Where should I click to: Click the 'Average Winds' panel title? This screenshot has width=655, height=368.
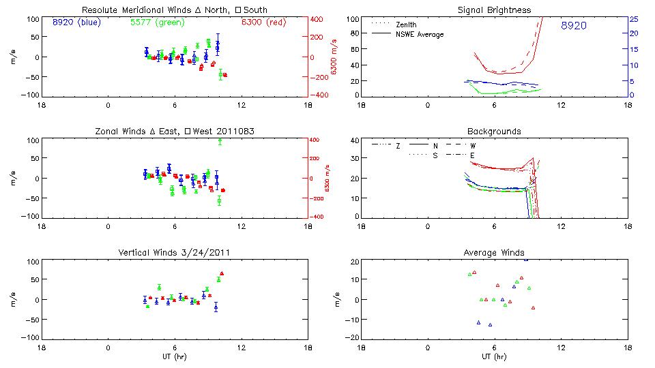(495, 254)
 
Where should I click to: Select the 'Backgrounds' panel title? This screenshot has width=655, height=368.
(495, 132)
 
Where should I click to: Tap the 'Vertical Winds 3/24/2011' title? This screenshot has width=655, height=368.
(175, 254)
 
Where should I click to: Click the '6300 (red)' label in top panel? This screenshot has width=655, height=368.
(263, 22)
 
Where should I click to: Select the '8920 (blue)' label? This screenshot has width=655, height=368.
(75, 22)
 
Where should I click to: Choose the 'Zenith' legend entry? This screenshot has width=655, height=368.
(406, 25)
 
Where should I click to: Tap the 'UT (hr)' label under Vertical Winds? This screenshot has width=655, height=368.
(175, 357)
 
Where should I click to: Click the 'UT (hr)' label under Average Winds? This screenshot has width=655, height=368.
(495, 357)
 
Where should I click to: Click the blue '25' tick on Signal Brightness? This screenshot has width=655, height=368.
(633, 19)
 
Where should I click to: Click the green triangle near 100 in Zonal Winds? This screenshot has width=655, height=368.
(220, 140)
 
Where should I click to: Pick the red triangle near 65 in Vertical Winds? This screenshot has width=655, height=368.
(222, 273)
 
